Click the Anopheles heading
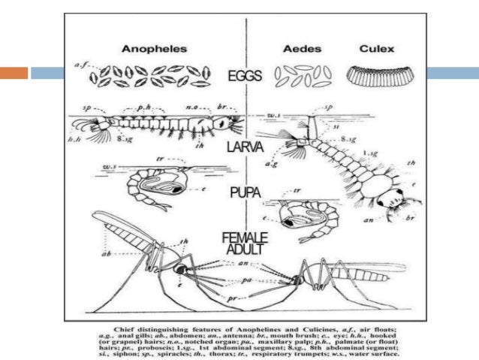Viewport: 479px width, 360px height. point(154,49)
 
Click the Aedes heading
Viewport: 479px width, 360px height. point(303,49)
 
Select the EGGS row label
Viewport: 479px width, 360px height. point(246,75)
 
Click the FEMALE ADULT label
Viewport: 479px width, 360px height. point(246,245)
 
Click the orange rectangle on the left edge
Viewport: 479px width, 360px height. point(14,74)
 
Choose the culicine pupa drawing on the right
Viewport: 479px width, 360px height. point(303,214)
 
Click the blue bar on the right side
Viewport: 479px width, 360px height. point(451,74)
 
